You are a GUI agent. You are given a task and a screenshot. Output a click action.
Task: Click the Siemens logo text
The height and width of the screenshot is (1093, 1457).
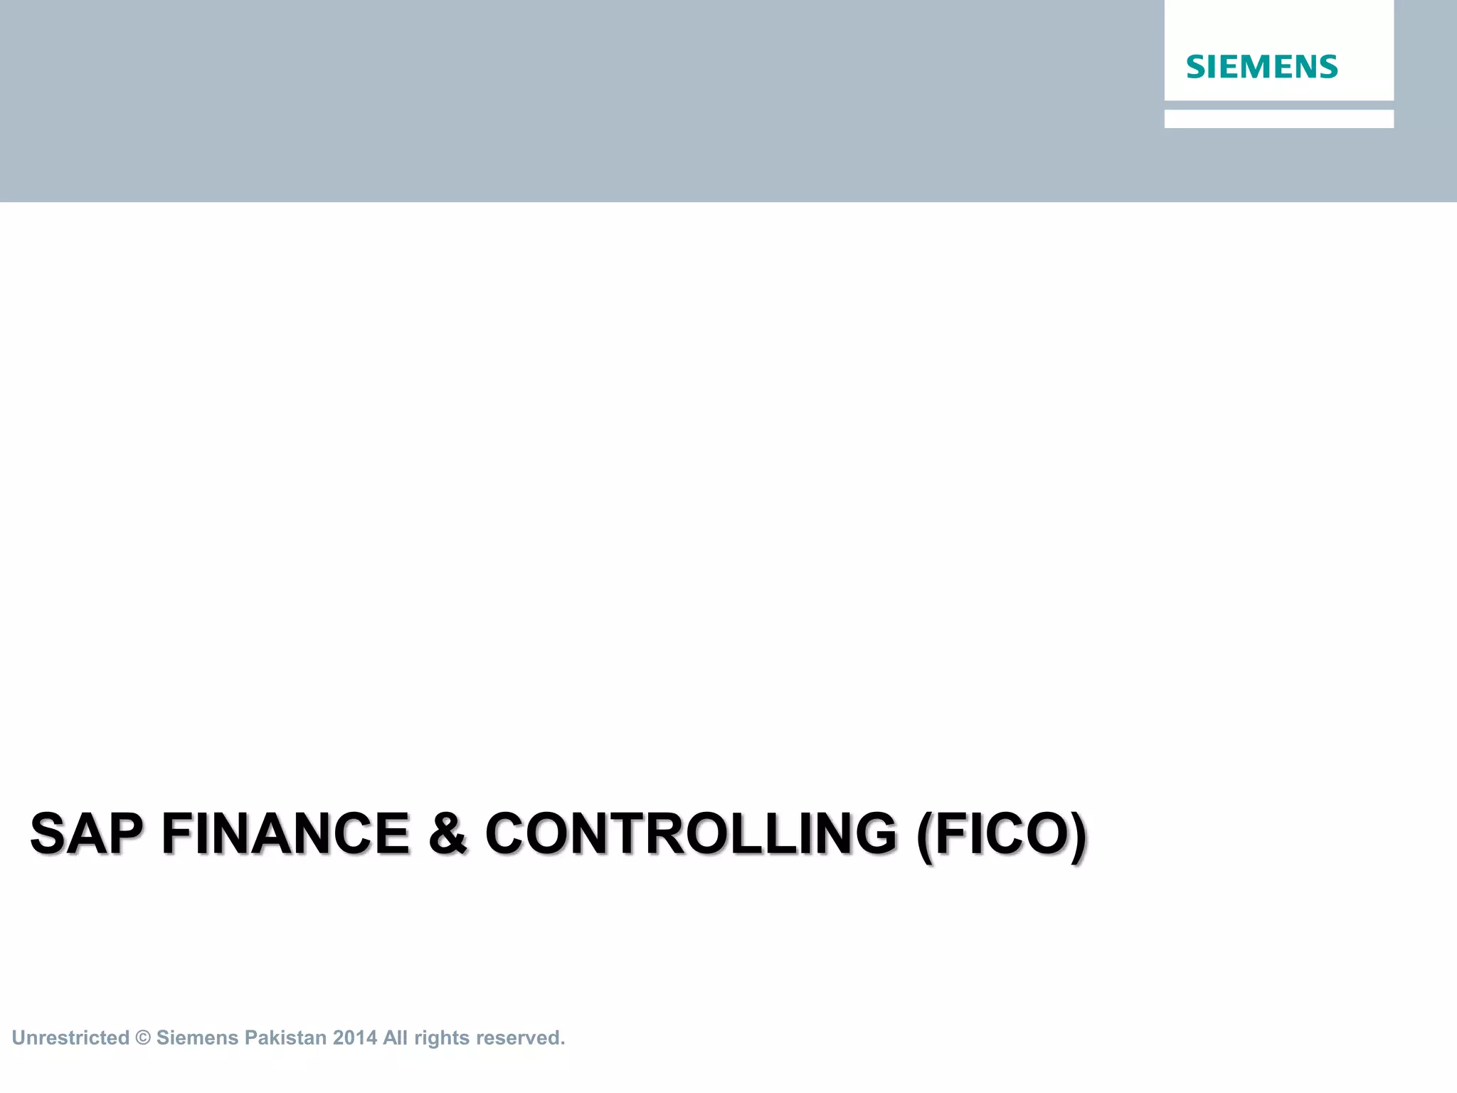point(1261,67)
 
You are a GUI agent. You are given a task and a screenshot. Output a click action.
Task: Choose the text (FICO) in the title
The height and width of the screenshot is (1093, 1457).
point(1002,835)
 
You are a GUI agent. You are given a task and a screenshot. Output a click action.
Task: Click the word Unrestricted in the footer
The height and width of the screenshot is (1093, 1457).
point(70,1037)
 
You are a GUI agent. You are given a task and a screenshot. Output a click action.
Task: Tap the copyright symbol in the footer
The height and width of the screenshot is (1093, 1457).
point(143,1038)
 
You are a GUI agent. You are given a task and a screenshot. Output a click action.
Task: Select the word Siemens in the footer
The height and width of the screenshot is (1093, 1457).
point(198,1037)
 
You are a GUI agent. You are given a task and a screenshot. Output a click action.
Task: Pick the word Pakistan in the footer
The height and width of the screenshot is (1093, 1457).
point(285,1037)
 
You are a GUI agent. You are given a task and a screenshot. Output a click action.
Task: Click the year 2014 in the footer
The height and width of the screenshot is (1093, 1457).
point(355,1037)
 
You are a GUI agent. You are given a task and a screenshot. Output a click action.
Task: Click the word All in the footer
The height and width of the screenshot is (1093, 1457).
point(395,1037)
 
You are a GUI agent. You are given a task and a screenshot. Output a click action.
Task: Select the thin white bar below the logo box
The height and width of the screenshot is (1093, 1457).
point(1278,119)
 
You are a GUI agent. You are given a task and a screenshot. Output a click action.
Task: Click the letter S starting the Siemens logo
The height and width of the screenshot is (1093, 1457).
point(1196,67)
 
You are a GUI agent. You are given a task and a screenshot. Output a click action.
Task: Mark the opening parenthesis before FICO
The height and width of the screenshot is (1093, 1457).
point(925,837)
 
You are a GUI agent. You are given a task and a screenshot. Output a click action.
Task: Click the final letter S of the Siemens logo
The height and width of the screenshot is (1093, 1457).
point(1328,67)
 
